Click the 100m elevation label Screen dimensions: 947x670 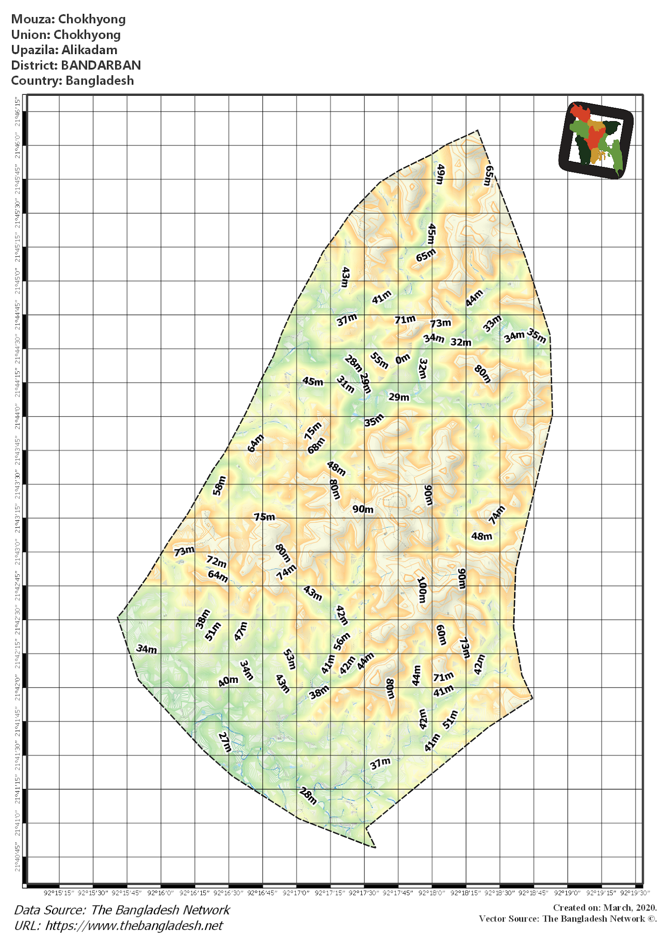[422, 590]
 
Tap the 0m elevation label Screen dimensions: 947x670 [403, 358]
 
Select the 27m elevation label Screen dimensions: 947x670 [224, 742]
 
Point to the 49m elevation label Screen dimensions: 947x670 [440, 174]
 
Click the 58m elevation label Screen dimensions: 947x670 [219, 486]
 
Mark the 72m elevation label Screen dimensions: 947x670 [217, 562]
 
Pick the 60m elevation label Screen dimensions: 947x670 [441, 634]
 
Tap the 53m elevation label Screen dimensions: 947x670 [289, 659]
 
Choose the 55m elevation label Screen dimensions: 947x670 [379, 360]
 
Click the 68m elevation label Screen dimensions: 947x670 [316, 445]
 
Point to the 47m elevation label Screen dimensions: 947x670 [241, 631]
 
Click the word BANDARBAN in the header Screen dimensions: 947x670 [101, 65]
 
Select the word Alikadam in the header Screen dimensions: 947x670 [89, 50]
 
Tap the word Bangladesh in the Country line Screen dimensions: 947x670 [99, 80]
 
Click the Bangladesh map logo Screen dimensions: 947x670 [596, 140]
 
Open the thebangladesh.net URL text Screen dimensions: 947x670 [134, 925]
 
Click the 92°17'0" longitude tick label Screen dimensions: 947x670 [296, 892]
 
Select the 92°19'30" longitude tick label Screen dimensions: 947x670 [635, 892]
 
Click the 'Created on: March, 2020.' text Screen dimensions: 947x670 [605, 908]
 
